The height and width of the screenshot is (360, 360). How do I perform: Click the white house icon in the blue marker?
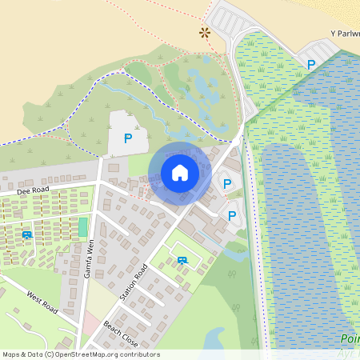(x=180, y=173)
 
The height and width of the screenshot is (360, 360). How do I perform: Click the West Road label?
(x=42, y=302)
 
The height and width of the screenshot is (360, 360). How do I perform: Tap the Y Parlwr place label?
(x=344, y=34)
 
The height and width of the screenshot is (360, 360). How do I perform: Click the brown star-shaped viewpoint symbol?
(x=206, y=33)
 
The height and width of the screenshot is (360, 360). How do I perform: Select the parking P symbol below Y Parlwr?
(x=311, y=64)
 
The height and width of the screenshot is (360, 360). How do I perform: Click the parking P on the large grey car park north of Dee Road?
(x=127, y=138)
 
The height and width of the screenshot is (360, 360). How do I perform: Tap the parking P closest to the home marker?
(x=227, y=184)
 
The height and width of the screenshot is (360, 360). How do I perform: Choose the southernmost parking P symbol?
(x=232, y=215)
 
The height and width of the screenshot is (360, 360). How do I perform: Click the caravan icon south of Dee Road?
(x=28, y=234)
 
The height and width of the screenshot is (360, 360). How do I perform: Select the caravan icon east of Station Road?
(x=182, y=259)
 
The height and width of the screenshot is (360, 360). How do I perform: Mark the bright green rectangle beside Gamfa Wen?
(x=82, y=226)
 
